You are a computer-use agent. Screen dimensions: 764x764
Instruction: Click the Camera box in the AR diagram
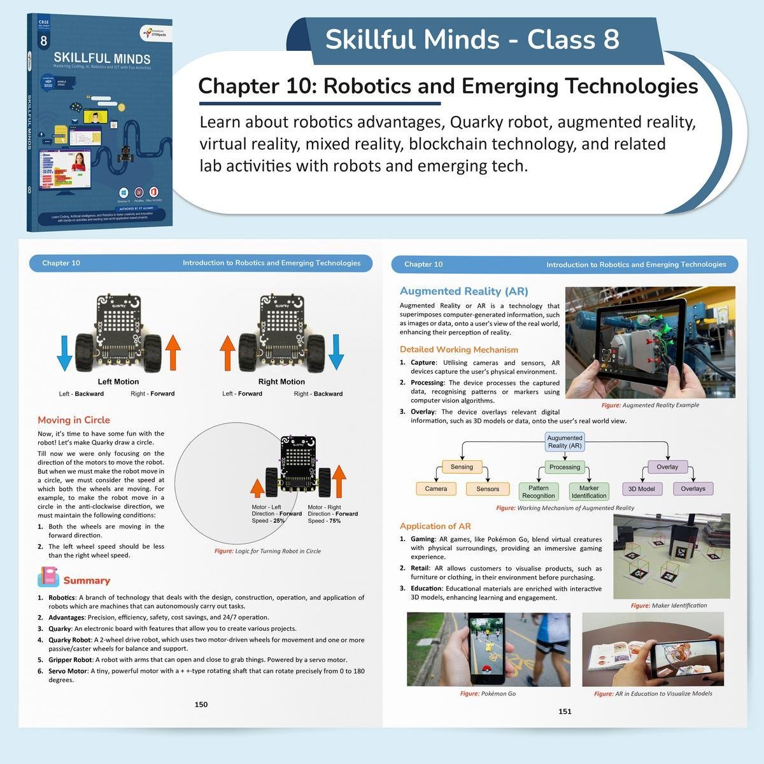pyautogui.click(x=436, y=489)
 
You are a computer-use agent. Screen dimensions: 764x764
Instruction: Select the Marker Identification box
pyautogui.click(x=589, y=492)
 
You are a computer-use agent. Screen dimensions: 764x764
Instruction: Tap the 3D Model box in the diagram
pyautogui.click(x=641, y=489)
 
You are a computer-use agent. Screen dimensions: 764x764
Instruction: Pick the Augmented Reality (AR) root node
pyautogui.click(x=565, y=442)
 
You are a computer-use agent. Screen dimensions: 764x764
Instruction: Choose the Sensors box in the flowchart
pyautogui.click(x=488, y=489)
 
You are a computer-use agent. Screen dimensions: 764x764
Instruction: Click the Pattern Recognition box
pyautogui.click(x=538, y=492)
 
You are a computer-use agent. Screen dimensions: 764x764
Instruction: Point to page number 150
pyautogui.click(x=201, y=704)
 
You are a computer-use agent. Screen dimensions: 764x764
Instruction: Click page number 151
pyautogui.click(x=565, y=711)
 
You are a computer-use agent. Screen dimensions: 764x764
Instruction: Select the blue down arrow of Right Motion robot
pyautogui.click(x=336, y=353)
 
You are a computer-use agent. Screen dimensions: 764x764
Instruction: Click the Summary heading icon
pyautogui.click(x=48, y=577)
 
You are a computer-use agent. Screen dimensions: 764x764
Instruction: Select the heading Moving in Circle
pyautogui.click(x=74, y=420)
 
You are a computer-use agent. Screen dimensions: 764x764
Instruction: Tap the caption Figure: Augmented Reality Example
pyautogui.click(x=650, y=405)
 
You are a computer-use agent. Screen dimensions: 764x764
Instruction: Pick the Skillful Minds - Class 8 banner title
pyautogui.click(x=472, y=39)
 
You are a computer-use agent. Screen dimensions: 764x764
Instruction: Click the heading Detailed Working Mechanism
pyautogui.click(x=458, y=350)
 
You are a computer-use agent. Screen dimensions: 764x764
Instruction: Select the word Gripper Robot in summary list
pyautogui.click(x=71, y=660)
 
